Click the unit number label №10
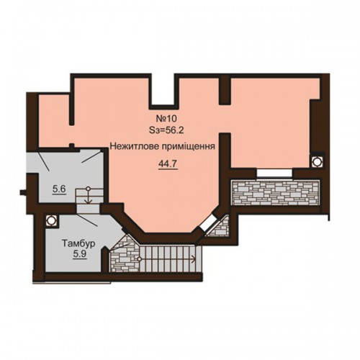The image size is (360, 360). [166, 119]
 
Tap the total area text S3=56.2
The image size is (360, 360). [166, 130]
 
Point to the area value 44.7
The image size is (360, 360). [168, 164]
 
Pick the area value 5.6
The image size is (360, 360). [59, 189]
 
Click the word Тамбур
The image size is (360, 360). [78, 243]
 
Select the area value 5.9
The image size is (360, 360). [80, 254]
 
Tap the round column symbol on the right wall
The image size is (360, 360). [317, 161]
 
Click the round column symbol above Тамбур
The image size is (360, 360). [51, 220]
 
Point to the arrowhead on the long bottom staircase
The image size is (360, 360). [194, 259]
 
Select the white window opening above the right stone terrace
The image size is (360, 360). [274, 174]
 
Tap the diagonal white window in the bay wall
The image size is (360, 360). [208, 223]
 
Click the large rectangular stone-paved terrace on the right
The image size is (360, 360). [275, 193]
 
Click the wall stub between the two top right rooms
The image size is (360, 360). [225, 90]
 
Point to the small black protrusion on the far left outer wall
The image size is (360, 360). [23, 192]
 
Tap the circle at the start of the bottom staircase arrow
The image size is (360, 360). [139, 259]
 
